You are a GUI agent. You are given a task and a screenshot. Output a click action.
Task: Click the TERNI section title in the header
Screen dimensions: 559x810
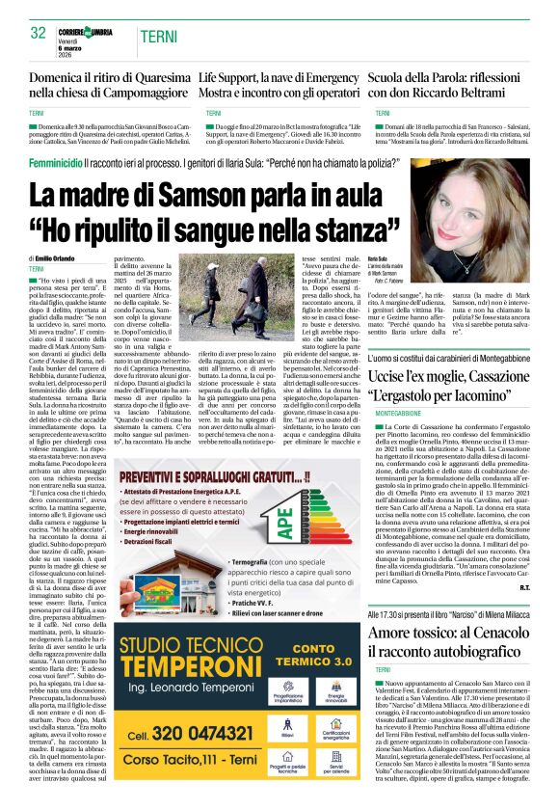pos(158,36)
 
